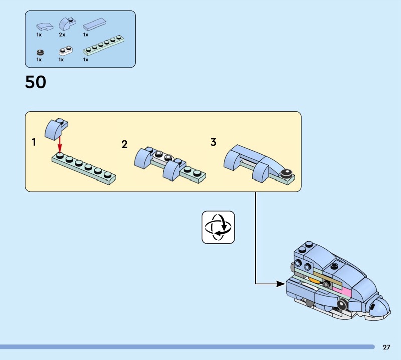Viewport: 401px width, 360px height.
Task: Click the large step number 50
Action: coord(35,82)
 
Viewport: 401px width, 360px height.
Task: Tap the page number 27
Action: coord(386,347)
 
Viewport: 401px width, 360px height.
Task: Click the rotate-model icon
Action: coord(218,227)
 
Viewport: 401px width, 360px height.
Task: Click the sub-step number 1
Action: coord(34,142)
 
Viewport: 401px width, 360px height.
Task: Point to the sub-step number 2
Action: coord(124,144)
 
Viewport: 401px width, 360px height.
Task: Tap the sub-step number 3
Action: coord(213,142)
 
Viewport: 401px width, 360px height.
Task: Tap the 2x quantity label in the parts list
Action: coord(62,35)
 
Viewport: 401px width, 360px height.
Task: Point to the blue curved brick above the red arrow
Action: coord(56,129)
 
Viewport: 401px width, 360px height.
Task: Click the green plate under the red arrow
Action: coord(83,168)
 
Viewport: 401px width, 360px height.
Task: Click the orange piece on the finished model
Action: coord(314,278)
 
